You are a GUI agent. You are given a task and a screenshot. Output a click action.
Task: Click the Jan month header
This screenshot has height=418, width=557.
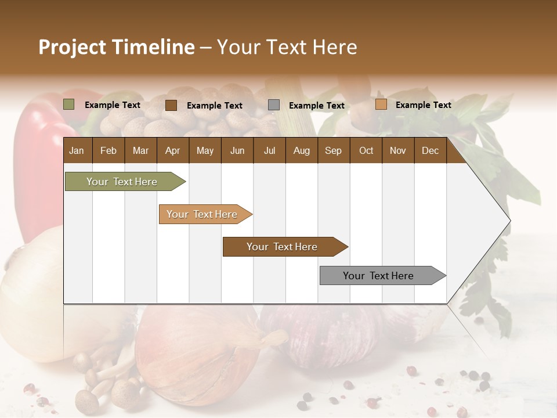click(77, 150)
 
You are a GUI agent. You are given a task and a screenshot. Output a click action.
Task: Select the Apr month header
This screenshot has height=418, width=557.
click(172, 150)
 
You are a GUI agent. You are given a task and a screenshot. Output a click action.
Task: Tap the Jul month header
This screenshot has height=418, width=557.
click(269, 150)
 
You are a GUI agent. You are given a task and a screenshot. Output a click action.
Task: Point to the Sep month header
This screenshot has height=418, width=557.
click(333, 150)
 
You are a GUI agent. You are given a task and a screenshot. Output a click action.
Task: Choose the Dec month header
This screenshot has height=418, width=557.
click(430, 150)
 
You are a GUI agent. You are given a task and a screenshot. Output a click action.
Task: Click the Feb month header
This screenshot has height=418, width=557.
click(108, 150)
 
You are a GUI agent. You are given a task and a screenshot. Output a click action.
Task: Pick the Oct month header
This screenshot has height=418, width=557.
click(366, 150)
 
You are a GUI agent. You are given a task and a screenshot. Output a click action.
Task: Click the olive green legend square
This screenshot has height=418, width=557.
click(69, 105)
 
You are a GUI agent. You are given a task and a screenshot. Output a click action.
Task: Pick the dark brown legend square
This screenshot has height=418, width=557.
click(171, 105)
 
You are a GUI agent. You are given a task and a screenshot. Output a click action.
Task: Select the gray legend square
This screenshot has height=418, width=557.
click(274, 105)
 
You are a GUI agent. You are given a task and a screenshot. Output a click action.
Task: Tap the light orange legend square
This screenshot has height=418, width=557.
click(381, 105)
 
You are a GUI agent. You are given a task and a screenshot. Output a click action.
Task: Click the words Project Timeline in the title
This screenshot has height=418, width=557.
click(117, 47)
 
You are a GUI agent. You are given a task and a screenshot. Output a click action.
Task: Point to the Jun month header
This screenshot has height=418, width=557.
click(237, 150)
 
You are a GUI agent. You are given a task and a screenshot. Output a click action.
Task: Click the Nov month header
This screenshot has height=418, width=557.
click(398, 150)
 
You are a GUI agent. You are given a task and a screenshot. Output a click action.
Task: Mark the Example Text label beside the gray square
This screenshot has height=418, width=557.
click(317, 105)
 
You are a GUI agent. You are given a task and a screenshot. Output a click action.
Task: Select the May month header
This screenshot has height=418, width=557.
click(205, 150)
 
